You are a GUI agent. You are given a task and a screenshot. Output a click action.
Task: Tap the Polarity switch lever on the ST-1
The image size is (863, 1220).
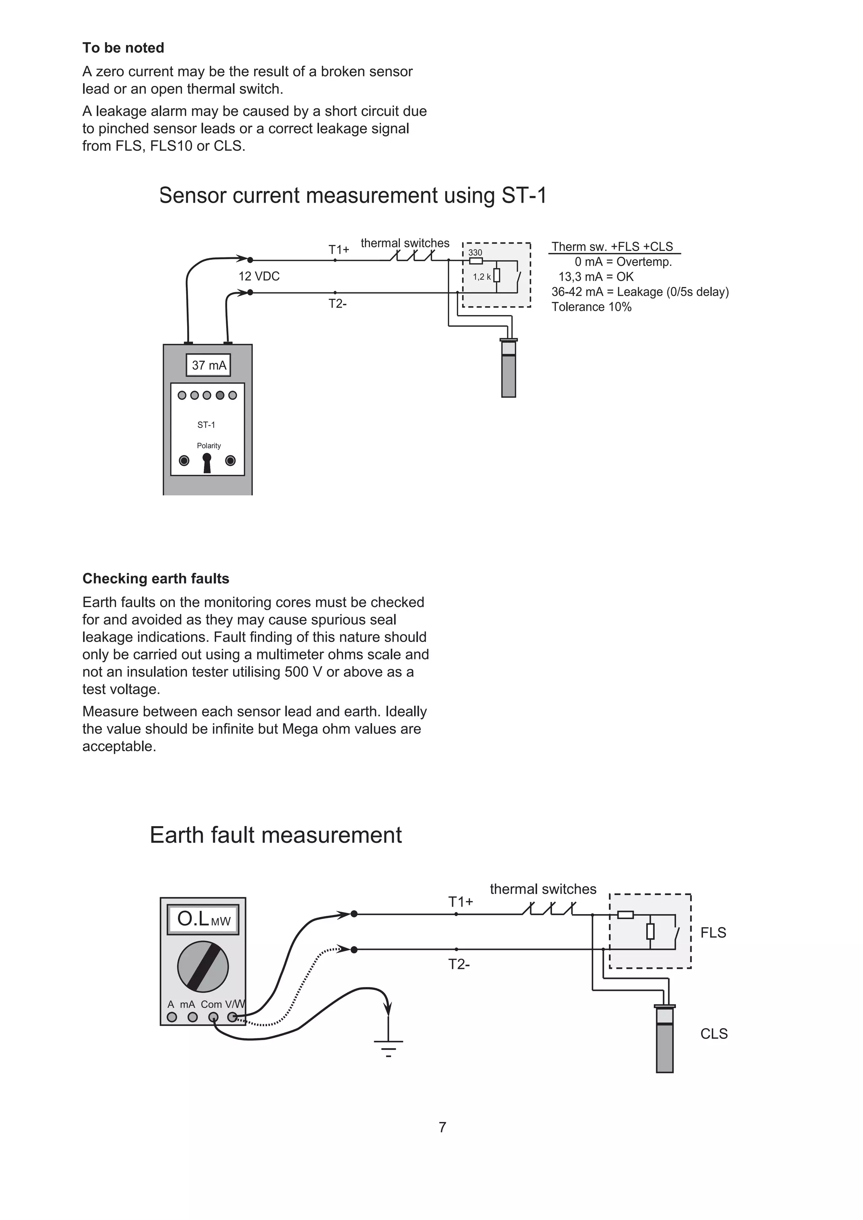pyautogui.click(x=207, y=462)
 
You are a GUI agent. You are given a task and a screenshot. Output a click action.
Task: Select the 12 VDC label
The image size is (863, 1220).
pyautogui.click(x=259, y=276)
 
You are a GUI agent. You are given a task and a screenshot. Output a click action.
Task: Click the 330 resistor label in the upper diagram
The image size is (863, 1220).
pyautogui.click(x=475, y=252)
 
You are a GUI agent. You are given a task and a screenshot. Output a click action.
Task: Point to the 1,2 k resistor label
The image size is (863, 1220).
pyautogui.click(x=482, y=276)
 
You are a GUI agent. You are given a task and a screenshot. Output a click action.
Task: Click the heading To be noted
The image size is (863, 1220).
pyautogui.click(x=123, y=48)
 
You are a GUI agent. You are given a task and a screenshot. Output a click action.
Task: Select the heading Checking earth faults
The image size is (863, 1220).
pyautogui.click(x=155, y=579)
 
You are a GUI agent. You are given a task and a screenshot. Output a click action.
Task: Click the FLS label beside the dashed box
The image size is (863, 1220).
pyautogui.click(x=713, y=933)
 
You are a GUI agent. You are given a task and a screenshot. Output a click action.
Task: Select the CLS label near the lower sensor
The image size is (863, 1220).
pyautogui.click(x=714, y=1033)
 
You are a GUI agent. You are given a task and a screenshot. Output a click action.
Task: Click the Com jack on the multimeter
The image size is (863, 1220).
pyautogui.click(x=213, y=1017)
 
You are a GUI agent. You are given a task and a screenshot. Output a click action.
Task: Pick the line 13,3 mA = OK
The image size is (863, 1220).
pyautogui.click(x=596, y=277)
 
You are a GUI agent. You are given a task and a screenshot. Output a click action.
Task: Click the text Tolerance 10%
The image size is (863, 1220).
pyautogui.click(x=592, y=307)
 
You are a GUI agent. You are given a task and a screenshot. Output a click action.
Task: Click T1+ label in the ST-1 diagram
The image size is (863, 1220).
pyautogui.click(x=338, y=249)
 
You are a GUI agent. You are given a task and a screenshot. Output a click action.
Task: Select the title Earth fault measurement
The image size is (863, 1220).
pyautogui.click(x=276, y=835)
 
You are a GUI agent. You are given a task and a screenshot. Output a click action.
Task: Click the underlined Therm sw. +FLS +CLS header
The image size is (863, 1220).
pyautogui.click(x=612, y=246)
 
